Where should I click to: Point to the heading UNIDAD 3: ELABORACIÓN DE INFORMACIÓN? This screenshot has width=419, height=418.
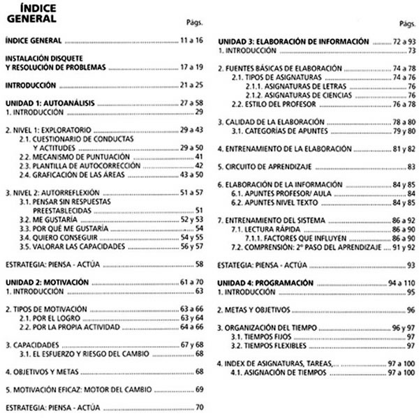(x=293, y=42)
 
